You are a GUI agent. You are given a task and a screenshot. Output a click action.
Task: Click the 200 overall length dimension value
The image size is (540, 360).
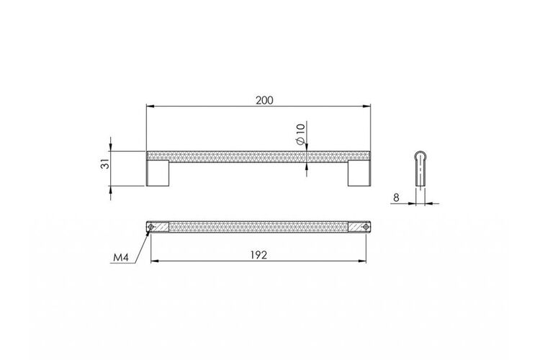264,100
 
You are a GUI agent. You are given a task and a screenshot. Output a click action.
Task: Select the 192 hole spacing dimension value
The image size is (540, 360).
258,256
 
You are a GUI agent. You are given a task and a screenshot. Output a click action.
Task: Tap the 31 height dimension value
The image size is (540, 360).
107,163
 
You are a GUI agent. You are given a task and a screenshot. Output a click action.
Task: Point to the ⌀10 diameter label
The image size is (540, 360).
300,134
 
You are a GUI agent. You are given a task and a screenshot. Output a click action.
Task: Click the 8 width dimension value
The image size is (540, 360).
396,198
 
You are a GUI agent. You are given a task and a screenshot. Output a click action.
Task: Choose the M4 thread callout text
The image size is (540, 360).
121,257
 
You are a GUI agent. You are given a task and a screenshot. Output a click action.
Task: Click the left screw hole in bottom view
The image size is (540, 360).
150,227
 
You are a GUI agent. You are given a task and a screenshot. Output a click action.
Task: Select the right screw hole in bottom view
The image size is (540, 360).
366,227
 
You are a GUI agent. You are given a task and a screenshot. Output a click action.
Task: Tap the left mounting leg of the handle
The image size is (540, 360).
158,173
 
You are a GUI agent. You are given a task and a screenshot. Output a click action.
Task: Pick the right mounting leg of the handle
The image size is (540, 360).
359,173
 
